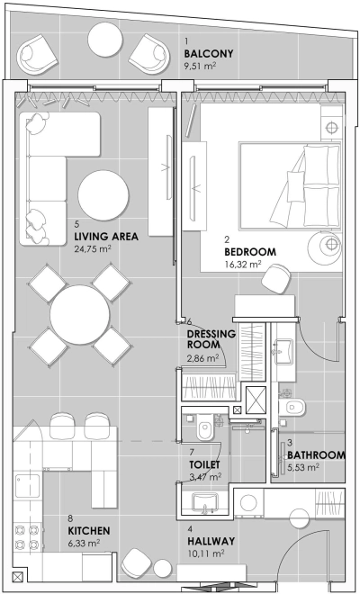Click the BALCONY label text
pos(208,53)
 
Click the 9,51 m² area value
pos(202,66)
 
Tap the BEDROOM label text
pos(250,252)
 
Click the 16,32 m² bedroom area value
pos(243,265)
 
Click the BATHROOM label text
pos(316,455)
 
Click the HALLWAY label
pos(211,541)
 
